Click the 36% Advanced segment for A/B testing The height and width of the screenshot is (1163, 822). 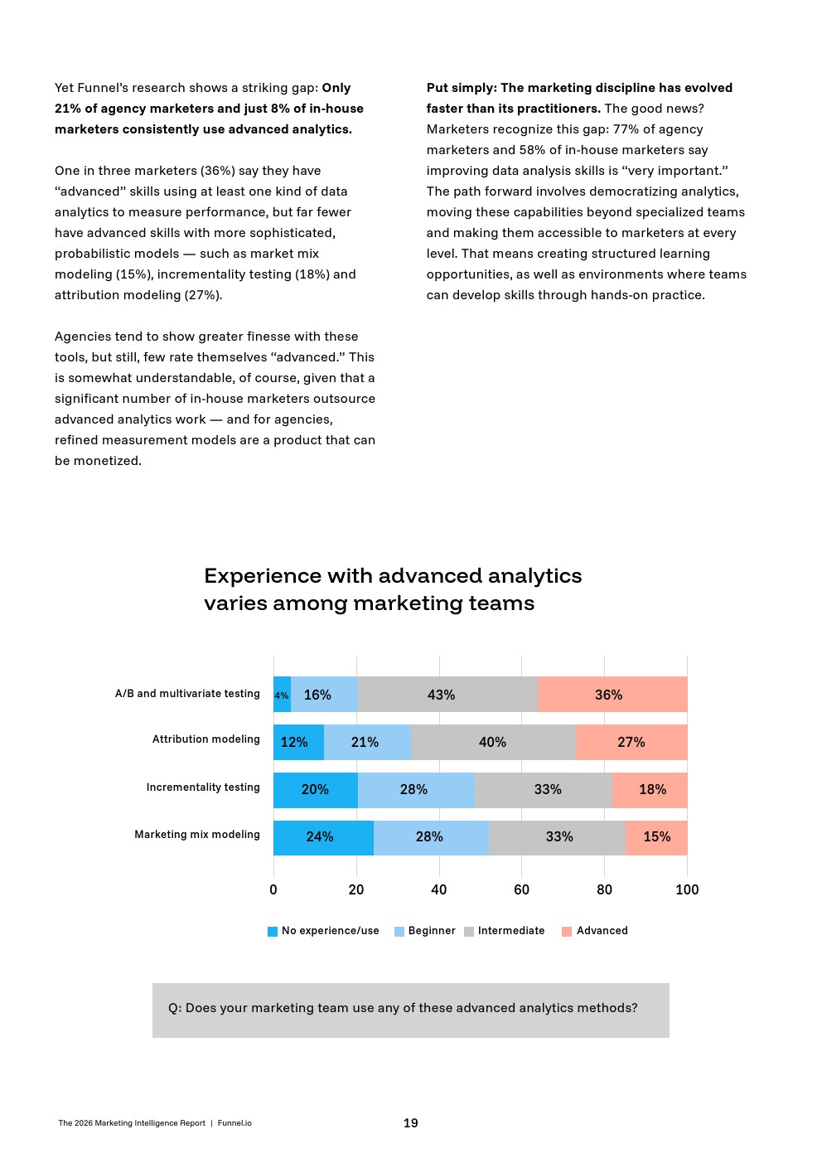coord(612,695)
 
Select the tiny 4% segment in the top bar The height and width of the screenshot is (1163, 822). coord(282,695)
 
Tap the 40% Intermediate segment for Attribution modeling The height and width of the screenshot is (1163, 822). coord(493,742)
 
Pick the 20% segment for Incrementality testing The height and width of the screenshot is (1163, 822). coord(315,789)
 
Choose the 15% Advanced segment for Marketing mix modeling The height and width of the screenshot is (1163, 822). coord(656,837)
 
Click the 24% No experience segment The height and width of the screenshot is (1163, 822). coord(322,837)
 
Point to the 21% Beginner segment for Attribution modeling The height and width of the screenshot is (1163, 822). coord(366,742)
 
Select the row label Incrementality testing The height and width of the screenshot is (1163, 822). coord(203,787)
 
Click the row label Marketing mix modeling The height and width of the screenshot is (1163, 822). coord(197,835)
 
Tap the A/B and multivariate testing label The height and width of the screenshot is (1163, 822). coord(187,694)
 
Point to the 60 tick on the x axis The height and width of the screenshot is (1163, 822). coord(521,889)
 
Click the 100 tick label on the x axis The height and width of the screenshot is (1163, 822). coord(687,889)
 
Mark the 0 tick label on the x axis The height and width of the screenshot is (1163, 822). coord(273,889)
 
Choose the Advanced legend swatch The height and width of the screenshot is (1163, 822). coord(567,932)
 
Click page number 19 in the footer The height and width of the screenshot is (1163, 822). coord(411,1123)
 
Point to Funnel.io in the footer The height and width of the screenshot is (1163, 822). coord(235,1123)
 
